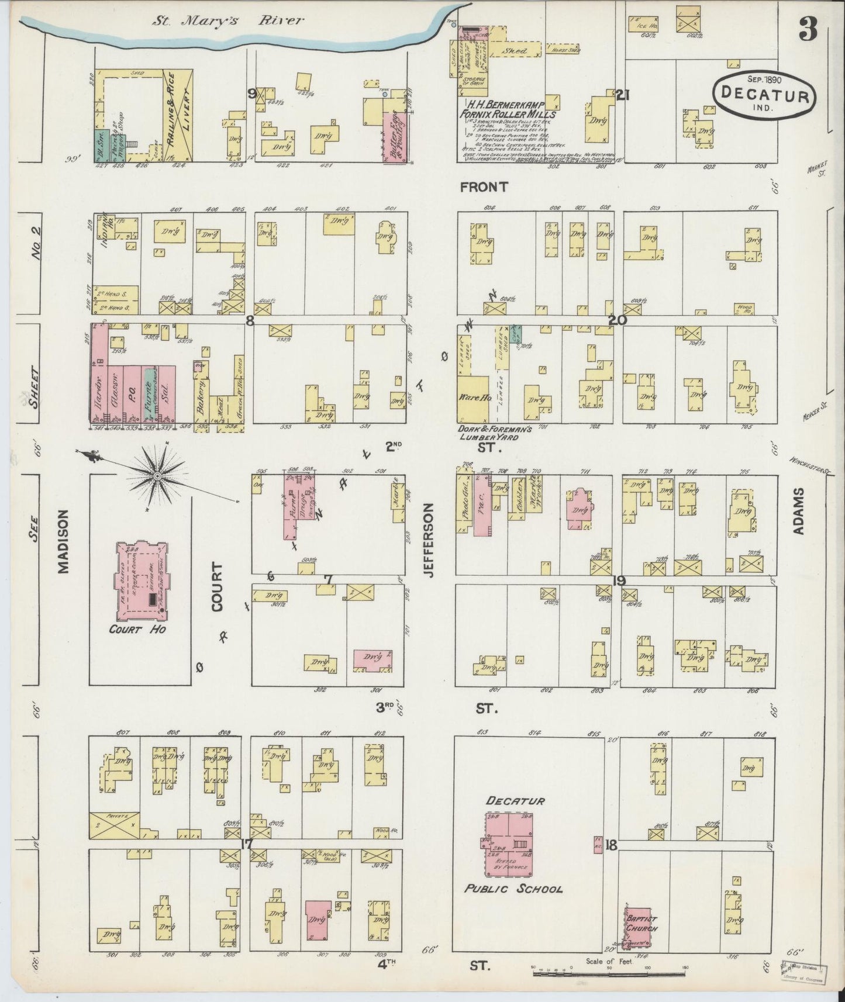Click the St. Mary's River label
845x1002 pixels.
click(228, 21)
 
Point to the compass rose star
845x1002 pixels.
click(156, 477)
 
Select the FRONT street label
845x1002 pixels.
click(484, 187)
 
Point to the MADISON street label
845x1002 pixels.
click(63, 541)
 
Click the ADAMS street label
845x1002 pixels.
click(799, 512)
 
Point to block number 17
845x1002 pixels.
click(246, 844)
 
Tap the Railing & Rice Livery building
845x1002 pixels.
click(178, 114)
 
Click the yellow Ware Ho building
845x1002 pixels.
click(472, 400)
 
